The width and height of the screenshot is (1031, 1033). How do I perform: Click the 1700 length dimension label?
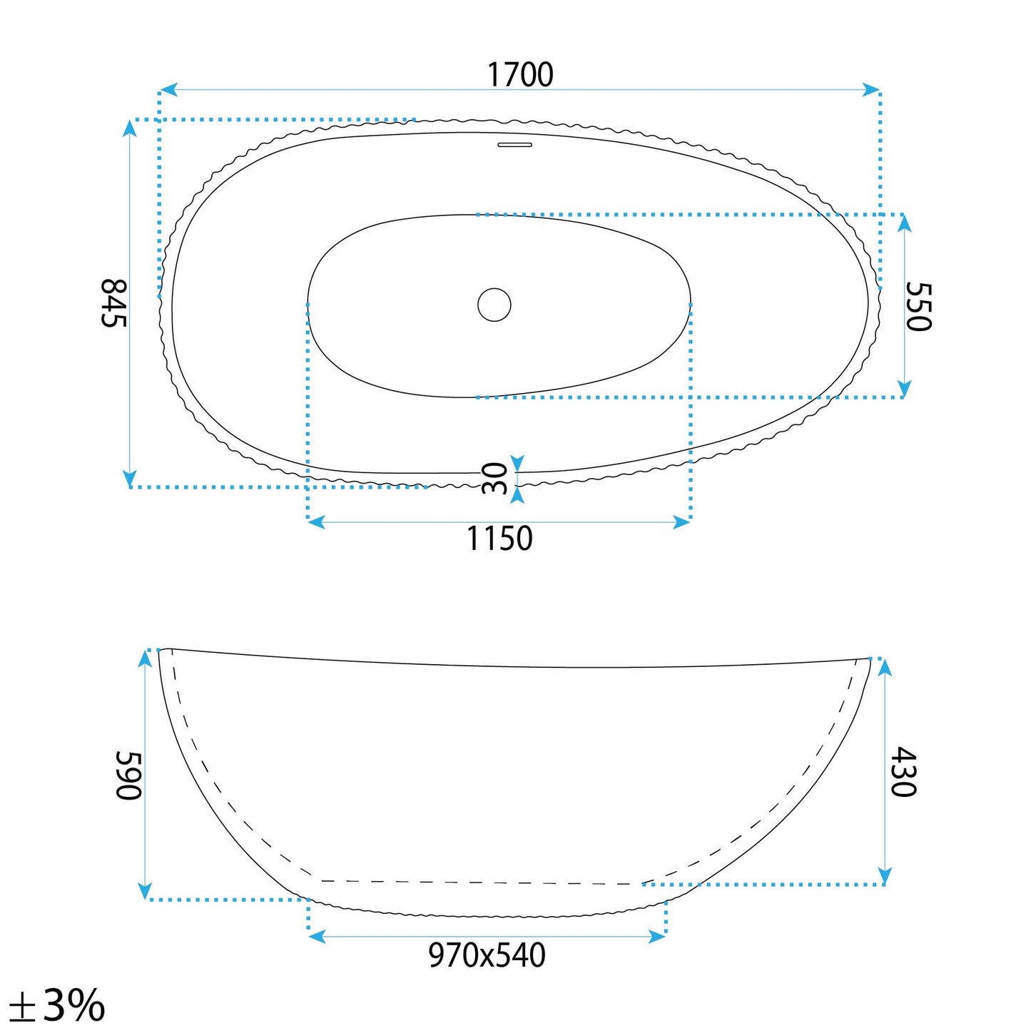[520, 75]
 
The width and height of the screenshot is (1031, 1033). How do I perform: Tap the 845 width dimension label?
[113, 303]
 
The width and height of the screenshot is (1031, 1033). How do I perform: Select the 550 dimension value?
[918, 307]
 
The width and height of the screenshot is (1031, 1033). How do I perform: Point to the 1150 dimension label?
[499, 538]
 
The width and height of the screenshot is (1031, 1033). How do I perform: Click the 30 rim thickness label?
[495, 479]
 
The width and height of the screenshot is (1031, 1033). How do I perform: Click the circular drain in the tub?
[494, 305]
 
